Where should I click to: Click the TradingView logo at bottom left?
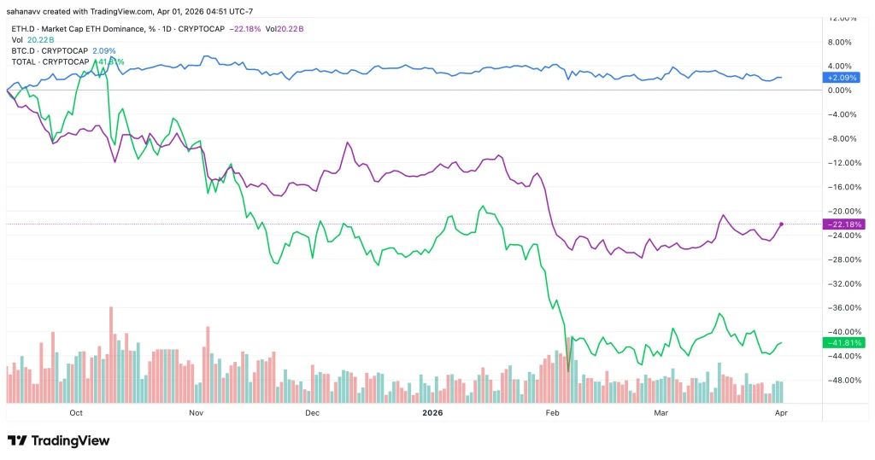click(x=59, y=440)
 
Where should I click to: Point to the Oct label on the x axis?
click(x=76, y=412)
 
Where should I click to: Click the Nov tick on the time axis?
click(x=196, y=412)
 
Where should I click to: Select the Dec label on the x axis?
click(x=312, y=412)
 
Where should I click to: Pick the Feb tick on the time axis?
click(x=552, y=412)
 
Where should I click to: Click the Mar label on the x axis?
click(x=660, y=412)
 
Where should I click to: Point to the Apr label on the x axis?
click(x=780, y=412)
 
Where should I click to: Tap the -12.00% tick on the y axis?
click(x=843, y=163)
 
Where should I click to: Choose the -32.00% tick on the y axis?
click(x=843, y=283)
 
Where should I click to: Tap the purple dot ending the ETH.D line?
click(x=781, y=224)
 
